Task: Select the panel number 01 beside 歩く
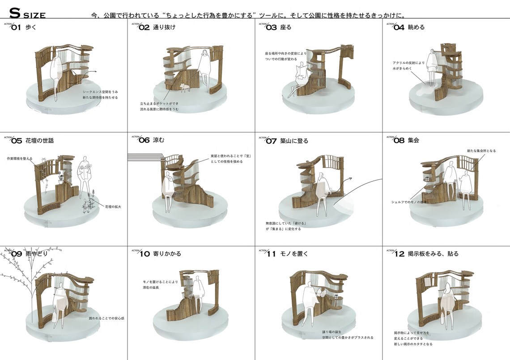tap(16, 28)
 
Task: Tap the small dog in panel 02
tap(183, 87)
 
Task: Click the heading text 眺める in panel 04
tap(416, 27)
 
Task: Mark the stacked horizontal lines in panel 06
tap(144, 156)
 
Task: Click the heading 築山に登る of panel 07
tap(294, 141)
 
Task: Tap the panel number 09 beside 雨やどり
tap(17, 254)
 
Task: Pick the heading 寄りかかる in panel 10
tap(166, 254)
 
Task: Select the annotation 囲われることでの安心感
tap(106, 318)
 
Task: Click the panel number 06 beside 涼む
tap(144, 140)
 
